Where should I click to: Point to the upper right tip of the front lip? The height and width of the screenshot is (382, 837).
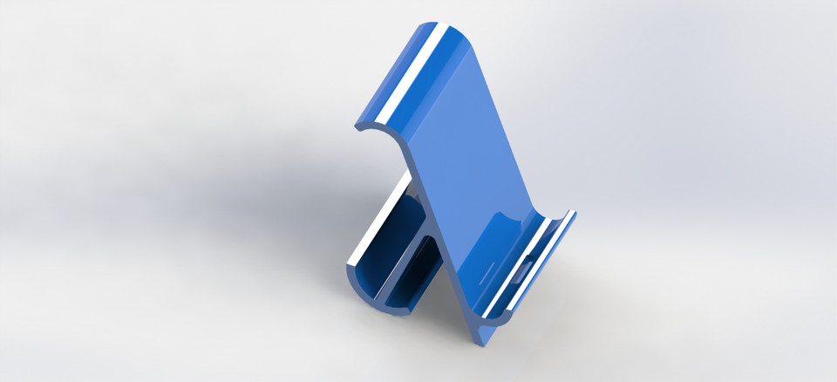click(572, 213)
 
